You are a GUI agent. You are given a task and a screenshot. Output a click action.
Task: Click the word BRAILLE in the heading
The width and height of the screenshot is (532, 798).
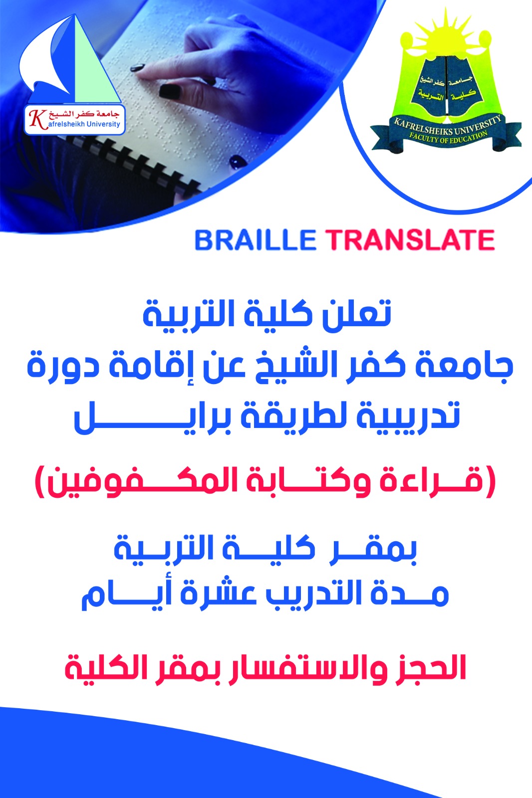coord(255,240)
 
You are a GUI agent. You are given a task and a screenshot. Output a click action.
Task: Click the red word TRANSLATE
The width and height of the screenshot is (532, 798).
coord(410,240)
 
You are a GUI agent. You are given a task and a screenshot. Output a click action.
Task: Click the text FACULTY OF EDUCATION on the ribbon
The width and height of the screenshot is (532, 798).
coord(448,137)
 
